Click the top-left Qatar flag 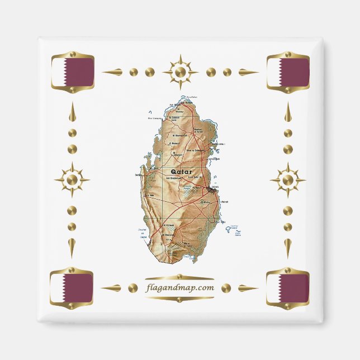point(72,72)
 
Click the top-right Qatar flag point(288,72)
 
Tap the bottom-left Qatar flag point(72,288)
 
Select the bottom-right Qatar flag point(288,288)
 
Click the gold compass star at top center point(180,72)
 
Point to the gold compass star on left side point(72,180)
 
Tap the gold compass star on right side point(288,180)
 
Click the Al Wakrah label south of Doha point(219,202)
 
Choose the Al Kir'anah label point(168,225)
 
